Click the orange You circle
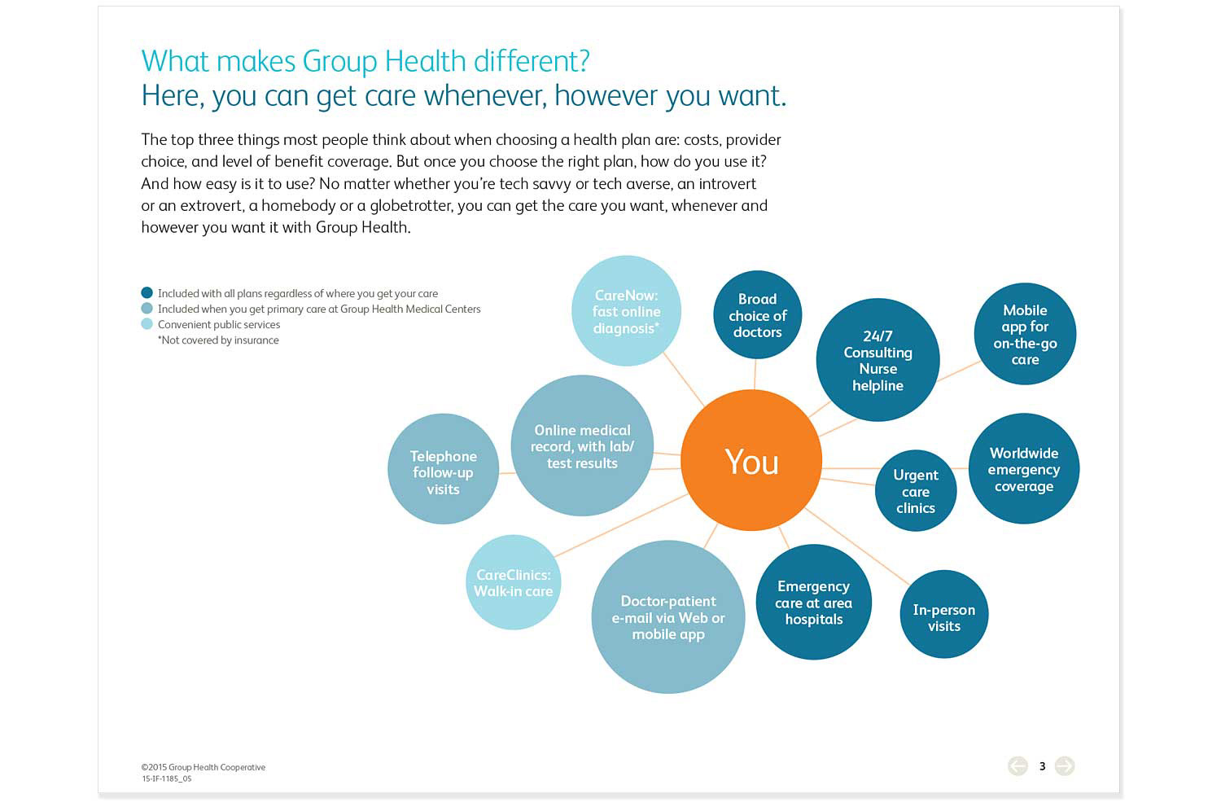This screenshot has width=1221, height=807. click(751, 460)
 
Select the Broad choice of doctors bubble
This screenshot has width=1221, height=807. click(757, 314)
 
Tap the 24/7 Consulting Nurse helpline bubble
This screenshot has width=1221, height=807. click(877, 360)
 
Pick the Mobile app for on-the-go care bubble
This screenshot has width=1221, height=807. click(1025, 334)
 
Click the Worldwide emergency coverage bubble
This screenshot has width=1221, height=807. click(1024, 468)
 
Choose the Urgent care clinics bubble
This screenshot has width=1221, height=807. click(916, 491)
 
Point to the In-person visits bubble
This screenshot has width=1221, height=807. click(944, 614)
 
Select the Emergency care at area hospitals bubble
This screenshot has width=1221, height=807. click(814, 602)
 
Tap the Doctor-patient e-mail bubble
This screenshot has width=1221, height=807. click(668, 616)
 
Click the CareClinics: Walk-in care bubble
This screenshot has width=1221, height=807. click(513, 582)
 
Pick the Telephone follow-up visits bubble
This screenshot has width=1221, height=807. click(443, 469)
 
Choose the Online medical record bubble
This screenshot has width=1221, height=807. click(582, 445)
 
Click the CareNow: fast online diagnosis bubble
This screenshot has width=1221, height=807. click(626, 311)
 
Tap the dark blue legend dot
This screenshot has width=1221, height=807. click(147, 292)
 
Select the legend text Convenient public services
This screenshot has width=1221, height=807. click(219, 324)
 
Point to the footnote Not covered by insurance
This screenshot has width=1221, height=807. click(218, 340)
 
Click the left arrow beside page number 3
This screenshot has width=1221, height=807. click(1017, 766)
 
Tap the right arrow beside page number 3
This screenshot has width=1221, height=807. click(1065, 766)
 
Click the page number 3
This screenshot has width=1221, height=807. click(1042, 766)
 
